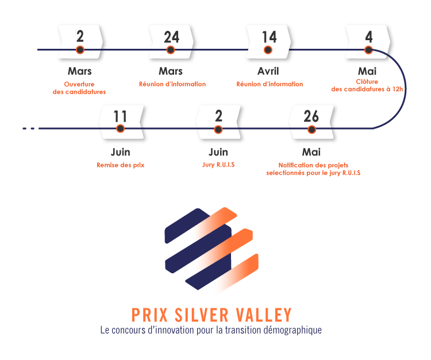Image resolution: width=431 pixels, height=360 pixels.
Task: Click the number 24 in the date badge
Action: coord(171,37)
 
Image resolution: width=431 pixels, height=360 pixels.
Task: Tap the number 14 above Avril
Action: coord(269,37)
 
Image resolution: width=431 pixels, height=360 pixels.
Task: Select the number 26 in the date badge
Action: coord(311,117)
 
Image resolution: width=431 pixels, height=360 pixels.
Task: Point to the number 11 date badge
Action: coord(120,117)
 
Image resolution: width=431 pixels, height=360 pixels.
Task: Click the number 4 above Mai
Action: coord(369,37)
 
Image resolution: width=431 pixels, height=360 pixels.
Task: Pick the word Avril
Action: coord(269,72)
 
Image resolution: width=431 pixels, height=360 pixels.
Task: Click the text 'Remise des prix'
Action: coord(121,165)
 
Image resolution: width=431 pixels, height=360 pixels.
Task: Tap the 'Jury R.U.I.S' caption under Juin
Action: coord(218,165)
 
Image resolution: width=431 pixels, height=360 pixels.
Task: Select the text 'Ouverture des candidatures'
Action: coord(79,88)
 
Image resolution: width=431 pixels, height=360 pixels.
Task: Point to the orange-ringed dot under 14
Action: coord(269,51)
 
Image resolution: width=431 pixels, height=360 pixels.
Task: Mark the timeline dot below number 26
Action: coord(311,130)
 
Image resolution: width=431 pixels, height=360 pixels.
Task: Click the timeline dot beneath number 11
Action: coord(120,130)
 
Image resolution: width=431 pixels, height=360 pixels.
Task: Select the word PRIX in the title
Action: coord(148,315)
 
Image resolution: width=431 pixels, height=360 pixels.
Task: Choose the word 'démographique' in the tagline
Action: coord(293,331)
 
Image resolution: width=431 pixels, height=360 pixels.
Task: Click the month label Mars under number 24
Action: coord(171,72)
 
